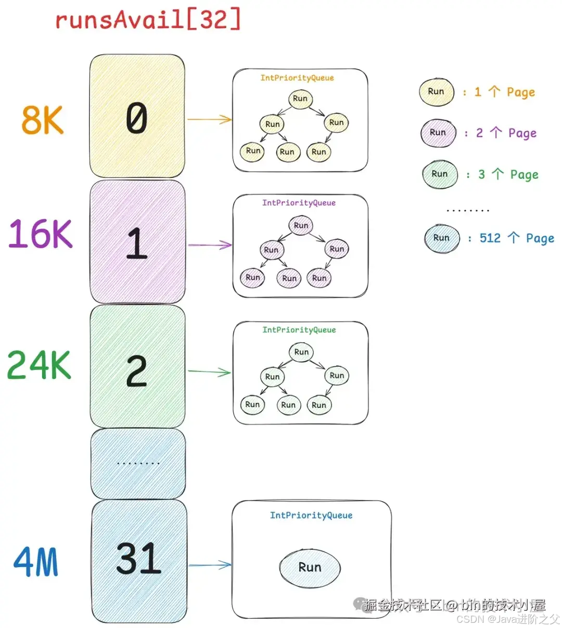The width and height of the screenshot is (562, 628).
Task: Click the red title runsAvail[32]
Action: click(x=148, y=20)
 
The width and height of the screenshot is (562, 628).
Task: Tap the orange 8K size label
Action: click(x=43, y=120)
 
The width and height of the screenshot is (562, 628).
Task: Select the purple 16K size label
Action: click(x=40, y=234)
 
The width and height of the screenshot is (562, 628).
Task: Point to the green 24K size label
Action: click(x=39, y=365)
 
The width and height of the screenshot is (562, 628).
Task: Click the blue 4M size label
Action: click(x=36, y=562)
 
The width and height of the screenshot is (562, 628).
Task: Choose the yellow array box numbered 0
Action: click(x=137, y=117)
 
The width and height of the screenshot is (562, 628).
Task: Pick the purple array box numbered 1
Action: click(x=137, y=242)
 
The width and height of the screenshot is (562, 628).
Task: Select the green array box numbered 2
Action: click(x=137, y=367)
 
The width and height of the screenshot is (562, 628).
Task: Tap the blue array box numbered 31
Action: click(x=139, y=561)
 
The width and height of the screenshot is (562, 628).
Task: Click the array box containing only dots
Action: click(x=138, y=463)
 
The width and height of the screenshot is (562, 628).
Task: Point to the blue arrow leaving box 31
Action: click(x=210, y=565)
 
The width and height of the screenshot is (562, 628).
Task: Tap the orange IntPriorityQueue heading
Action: click(x=297, y=78)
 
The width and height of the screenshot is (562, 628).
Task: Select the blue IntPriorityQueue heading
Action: click(x=311, y=515)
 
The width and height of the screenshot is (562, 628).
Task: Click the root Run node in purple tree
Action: click(x=301, y=225)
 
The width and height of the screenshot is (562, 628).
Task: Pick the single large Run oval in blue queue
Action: click(x=310, y=567)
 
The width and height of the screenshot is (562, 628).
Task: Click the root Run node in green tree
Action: click(x=301, y=352)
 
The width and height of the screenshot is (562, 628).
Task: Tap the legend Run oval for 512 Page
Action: click(x=441, y=238)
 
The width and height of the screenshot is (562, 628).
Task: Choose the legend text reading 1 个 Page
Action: click(x=504, y=92)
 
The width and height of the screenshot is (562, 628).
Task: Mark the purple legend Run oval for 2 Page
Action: click(x=438, y=133)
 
